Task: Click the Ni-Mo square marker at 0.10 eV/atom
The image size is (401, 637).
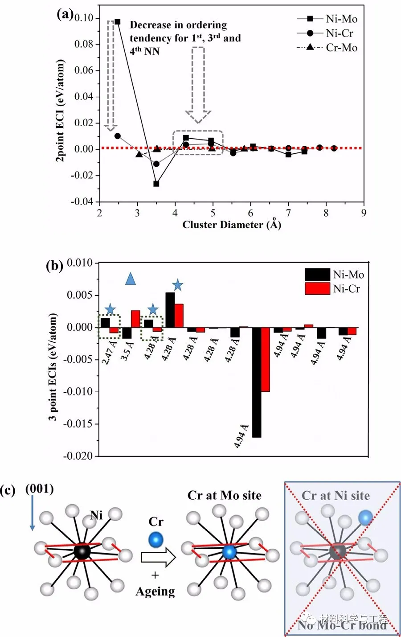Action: click(x=117, y=21)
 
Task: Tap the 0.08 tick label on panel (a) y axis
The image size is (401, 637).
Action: click(x=84, y=44)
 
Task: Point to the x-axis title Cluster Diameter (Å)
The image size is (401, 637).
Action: click(x=232, y=224)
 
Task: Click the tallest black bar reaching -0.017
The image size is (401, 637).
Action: click(x=257, y=382)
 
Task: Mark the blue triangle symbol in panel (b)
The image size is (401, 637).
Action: click(x=130, y=279)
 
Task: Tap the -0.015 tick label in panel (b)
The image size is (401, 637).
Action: click(x=79, y=424)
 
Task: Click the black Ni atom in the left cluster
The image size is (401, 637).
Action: click(x=82, y=551)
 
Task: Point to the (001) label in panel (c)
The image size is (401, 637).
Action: click(x=40, y=489)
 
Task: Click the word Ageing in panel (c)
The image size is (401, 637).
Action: click(x=155, y=592)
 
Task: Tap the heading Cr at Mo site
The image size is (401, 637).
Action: click(x=225, y=495)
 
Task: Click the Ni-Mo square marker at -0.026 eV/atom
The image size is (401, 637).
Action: click(x=156, y=183)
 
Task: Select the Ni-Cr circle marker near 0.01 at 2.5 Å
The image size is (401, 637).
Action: click(x=118, y=136)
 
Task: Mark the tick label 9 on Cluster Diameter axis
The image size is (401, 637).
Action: click(x=364, y=213)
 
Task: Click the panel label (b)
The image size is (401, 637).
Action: click(x=54, y=266)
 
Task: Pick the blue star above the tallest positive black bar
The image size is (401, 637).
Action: click(x=177, y=285)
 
